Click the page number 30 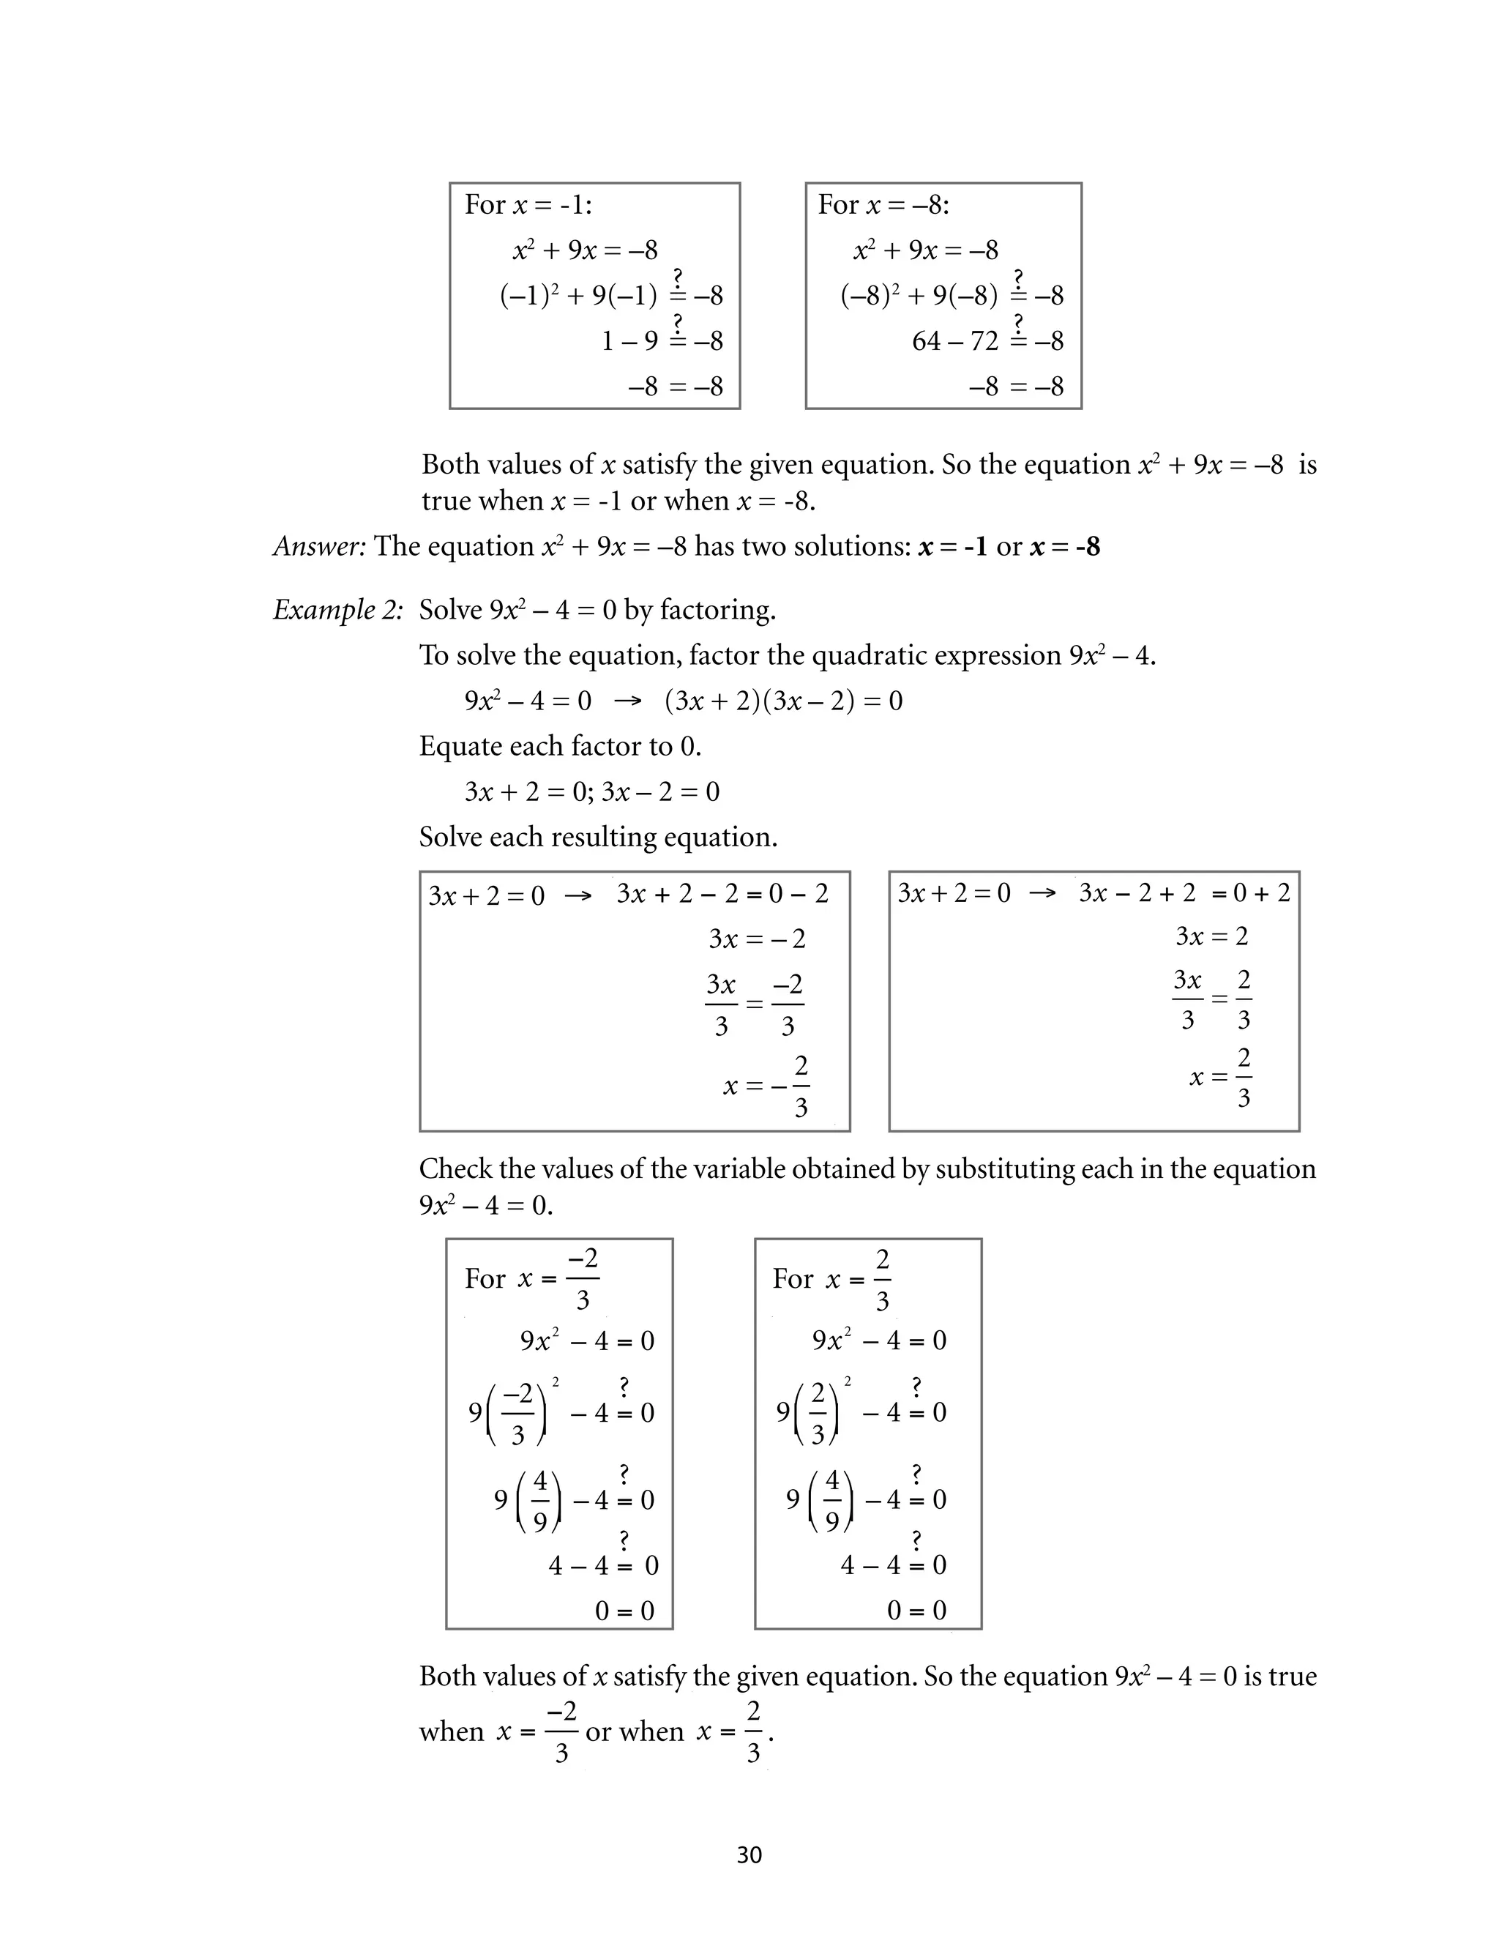point(749,1855)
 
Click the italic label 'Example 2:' point(337,611)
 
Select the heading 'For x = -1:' point(528,205)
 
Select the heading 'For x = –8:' point(883,205)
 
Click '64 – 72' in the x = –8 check point(954,341)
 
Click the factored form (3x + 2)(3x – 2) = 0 point(783,701)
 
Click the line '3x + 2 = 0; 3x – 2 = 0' point(591,791)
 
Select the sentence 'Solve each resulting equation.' point(598,837)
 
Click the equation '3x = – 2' point(757,939)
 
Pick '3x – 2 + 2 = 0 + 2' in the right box point(1184,893)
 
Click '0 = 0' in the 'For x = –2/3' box point(624,1611)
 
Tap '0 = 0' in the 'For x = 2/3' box point(916,1611)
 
